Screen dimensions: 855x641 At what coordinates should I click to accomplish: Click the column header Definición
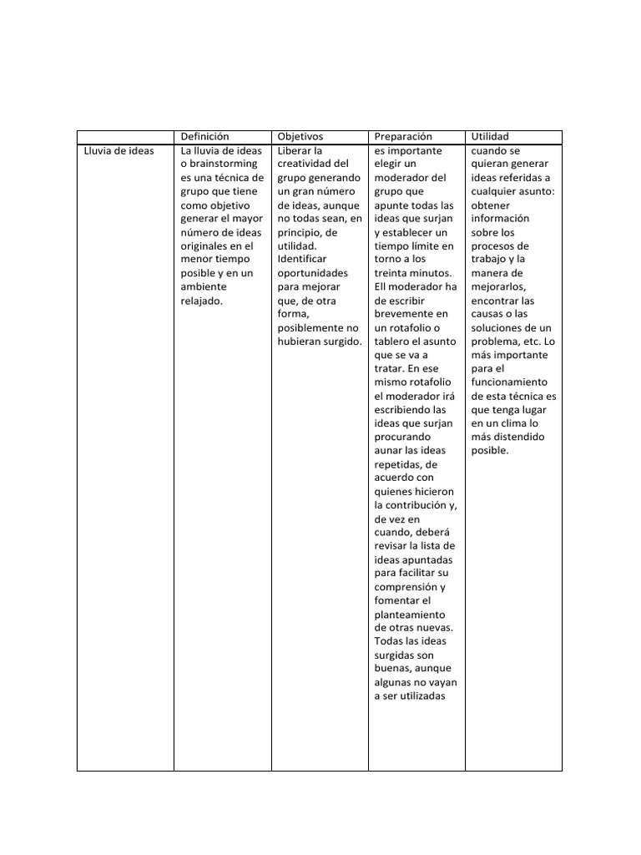click(204, 136)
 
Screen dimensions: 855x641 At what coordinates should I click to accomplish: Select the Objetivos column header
click(300, 136)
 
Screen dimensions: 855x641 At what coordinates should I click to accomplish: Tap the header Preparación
click(403, 136)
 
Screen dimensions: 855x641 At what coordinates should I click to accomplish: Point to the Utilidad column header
click(490, 136)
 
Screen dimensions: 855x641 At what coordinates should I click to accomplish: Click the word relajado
click(201, 301)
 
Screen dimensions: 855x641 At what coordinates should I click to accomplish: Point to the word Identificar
click(302, 259)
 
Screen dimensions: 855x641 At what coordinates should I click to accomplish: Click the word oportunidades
click(312, 273)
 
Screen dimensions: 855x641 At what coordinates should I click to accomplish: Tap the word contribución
click(416, 505)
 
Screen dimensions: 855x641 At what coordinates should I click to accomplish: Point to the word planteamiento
click(409, 614)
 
